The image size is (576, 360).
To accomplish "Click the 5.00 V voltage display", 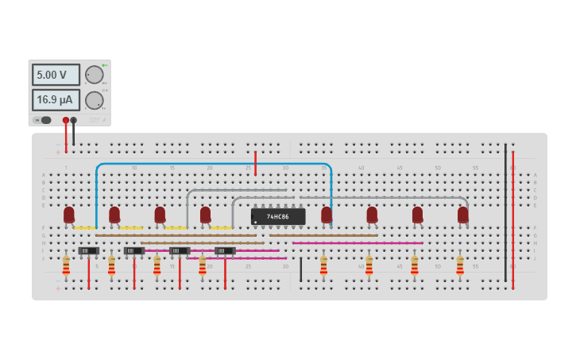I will pyautogui.click(x=56, y=75).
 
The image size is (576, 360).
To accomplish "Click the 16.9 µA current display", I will pyautogui.click(x=56, y=100).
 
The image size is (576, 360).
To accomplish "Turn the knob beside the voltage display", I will pyautogui.click(x=95, y=75).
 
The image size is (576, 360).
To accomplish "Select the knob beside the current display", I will pyautogui.click(x=95, y=100).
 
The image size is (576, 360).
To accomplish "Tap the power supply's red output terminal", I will pyautogui.click(x=66, y=120).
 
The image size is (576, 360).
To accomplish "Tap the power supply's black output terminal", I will pyautogui.click(x=74, y=120).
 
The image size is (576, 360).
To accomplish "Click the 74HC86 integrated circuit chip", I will pyautogui.click(x=278, y=216).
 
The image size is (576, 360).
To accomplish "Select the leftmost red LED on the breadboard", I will pyautogui.click(x=69, y=214).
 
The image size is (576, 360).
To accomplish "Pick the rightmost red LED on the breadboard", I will pyautogui.click(x=463, y=214).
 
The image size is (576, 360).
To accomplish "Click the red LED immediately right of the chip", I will pyautogui.click(x=327, y=214).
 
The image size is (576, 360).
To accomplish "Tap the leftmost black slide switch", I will pyautogui.click(x=89, y=251).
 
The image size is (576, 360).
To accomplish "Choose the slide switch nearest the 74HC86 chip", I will pyautogui.click(x=226, y=251).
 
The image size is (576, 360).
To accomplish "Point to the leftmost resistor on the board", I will pyautogui.click(x=66, y=265).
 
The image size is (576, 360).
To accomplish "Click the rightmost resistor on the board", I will pyautogui.click(x=460, y=265).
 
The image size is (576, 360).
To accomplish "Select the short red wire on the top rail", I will pyautogui.click(x=255, y=163).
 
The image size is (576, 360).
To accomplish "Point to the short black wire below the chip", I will pyautogui.click(x=300, y=269).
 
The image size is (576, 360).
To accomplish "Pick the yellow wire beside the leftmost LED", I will pyautogui.click(x=85, y=228).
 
